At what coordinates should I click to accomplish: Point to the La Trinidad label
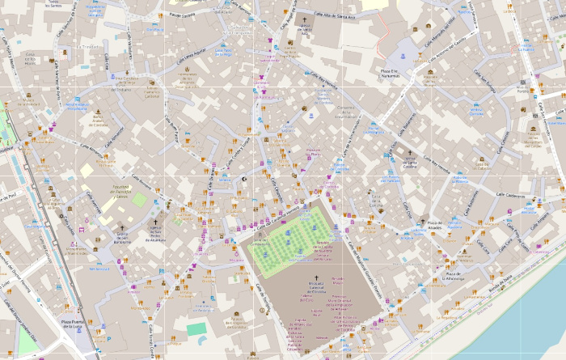pos(86,47)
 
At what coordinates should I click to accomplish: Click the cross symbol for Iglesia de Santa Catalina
pos(409,153)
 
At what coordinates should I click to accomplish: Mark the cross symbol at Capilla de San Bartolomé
pos(123,228)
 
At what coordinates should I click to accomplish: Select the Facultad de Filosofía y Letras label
pos(116,191)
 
